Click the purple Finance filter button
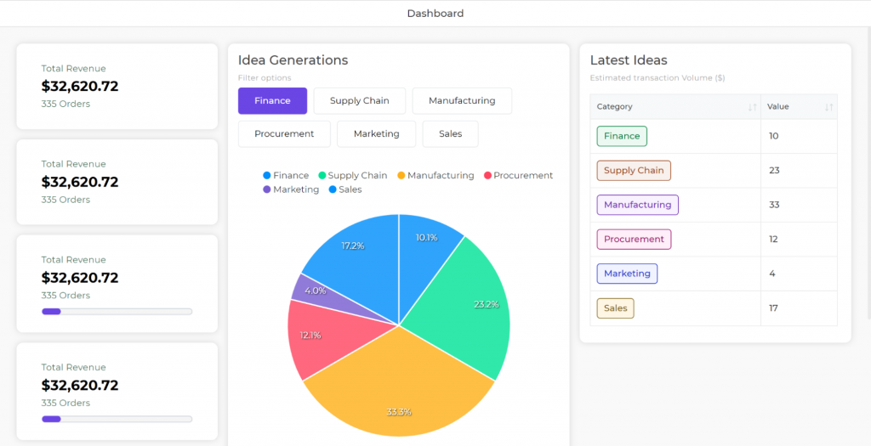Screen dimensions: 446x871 click(x=272, y=100)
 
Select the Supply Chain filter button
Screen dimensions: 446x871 click(x=359, y=100)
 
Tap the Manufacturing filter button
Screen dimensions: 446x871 click(x=462, y=100)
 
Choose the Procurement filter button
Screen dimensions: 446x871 click(x=284, y=133)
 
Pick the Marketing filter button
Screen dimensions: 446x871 click(x=376, y=133)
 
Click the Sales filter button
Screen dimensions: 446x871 click(x=450, y=133)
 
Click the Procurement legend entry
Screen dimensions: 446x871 click(x=518, y=176)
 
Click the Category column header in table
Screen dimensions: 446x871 click(x=615, y=107)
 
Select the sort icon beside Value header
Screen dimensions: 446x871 click(x=828, y=107)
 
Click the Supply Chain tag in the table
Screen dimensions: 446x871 click(x=634, y=171)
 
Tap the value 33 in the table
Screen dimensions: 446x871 click(x=774, y=205)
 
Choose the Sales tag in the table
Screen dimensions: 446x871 click(x=615, y=308)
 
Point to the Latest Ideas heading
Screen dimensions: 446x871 click(x=629, y=60)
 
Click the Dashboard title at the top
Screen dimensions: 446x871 click(x=435, y=14)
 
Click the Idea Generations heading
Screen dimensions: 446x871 click(x=293, y=60)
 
